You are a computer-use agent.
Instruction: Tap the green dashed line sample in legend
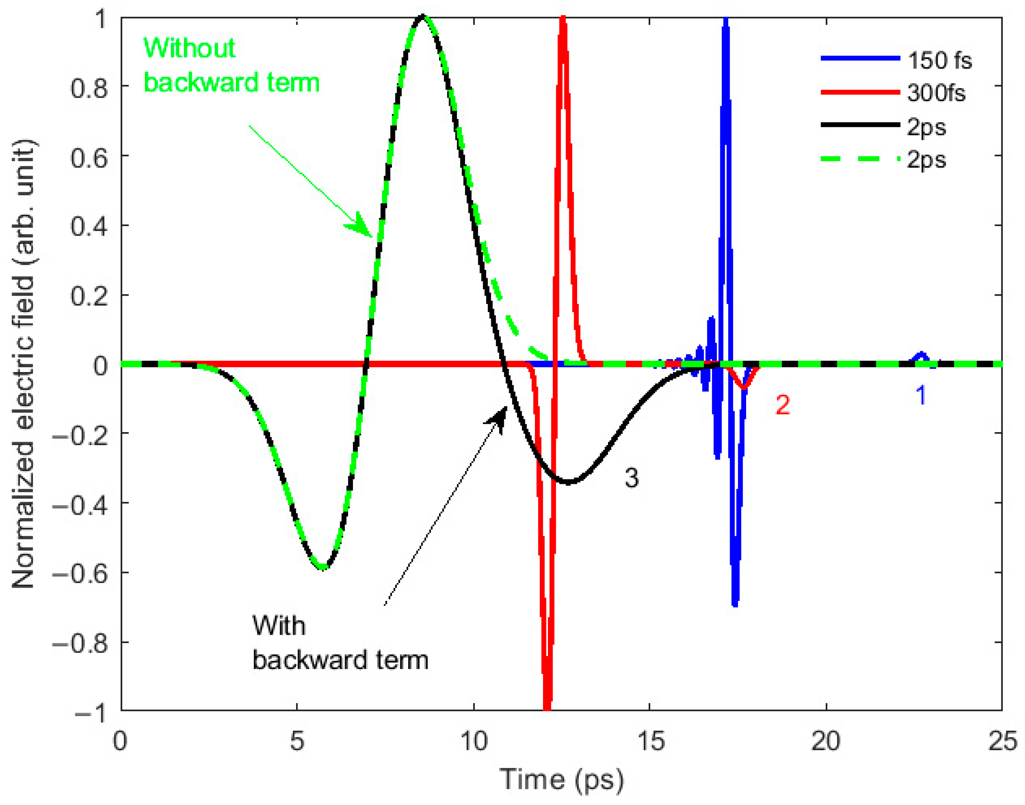point(859,159)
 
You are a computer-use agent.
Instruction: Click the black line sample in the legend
point(859,125)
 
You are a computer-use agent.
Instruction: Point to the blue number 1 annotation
point(921,395)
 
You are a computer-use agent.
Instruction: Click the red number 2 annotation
point(783,404)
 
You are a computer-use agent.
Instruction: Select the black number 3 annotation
point(631,477)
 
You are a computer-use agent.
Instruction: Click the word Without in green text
point(189,48)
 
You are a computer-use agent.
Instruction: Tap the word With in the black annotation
point(278,626)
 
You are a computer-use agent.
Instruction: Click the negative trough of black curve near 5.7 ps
point(323,567)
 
